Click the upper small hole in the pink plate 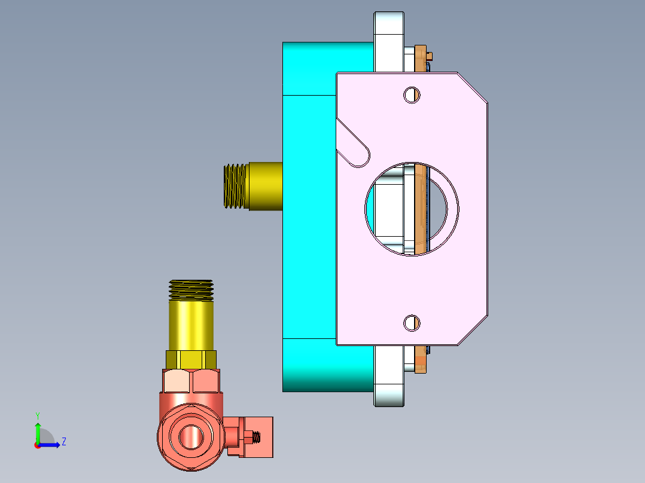tap(411, 94)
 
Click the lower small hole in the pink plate tap(411, 323)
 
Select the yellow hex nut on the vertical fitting tap(191, 359)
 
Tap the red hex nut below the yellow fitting tap(191, 381)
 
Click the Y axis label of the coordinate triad tap(37, 415)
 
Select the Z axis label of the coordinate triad tap(63, 442)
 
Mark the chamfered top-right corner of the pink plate tap(473, 87)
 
